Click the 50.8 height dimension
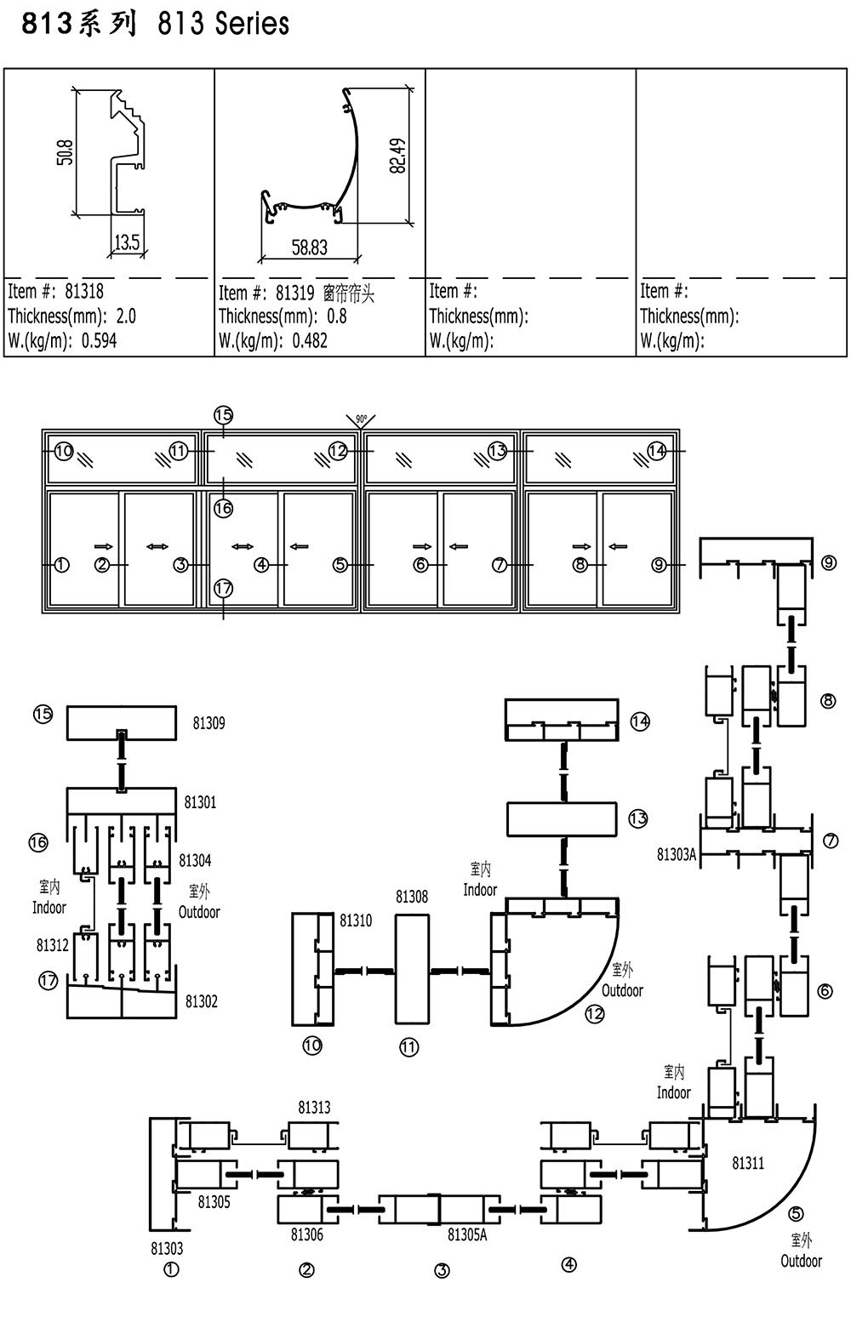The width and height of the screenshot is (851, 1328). click(66, 152)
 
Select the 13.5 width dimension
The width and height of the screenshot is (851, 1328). click(127, 242)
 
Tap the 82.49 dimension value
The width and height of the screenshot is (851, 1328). click(398, 156)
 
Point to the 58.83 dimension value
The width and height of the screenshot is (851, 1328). click(310, 248)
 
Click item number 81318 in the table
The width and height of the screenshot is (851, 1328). click(84, 291)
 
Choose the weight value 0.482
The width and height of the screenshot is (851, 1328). click(310, 341)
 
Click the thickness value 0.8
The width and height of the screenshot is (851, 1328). click(337, 316)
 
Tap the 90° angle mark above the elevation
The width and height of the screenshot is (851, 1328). click(361, 419)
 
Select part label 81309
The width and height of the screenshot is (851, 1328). click(208, 722)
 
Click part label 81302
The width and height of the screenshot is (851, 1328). click(202, 1001)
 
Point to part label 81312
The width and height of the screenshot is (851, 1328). click(52, 945)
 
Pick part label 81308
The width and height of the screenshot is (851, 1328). click(412, 897)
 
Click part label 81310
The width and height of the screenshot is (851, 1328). click(356, 920)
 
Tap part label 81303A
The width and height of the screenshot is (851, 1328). click(676, 854)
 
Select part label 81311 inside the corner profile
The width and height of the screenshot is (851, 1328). click(748, 1163)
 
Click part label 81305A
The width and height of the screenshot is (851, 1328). click(467, 1235)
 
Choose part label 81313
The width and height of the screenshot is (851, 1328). click(314, 1107)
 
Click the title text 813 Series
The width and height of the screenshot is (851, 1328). click(224, 24)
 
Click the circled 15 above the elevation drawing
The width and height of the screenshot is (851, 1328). click(224, 415)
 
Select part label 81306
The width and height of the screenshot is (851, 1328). click(307, 1234)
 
